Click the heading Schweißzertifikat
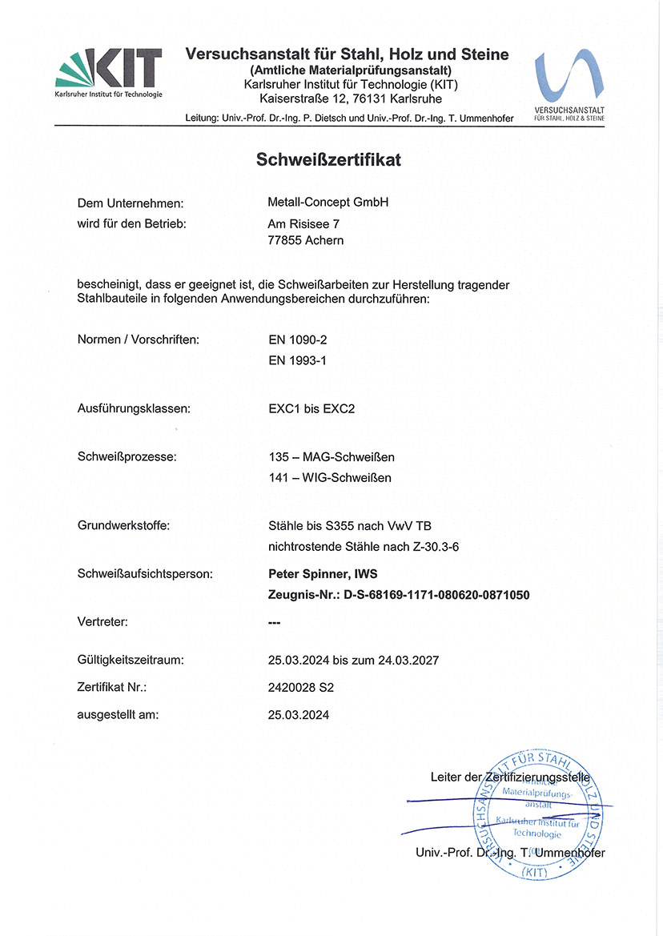point(328,159)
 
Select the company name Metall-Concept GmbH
point(328,203)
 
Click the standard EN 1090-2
point(297,339)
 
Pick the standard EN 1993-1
point(297,360)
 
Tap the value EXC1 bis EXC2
point(311,408)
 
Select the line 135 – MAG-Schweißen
point(331,457)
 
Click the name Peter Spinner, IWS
point(323,574)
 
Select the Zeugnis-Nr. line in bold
point(399,595)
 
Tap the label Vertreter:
point(102,621)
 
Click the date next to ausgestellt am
point(299,714)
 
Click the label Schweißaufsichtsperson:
point(145,574)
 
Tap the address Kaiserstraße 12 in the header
point(302,99)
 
